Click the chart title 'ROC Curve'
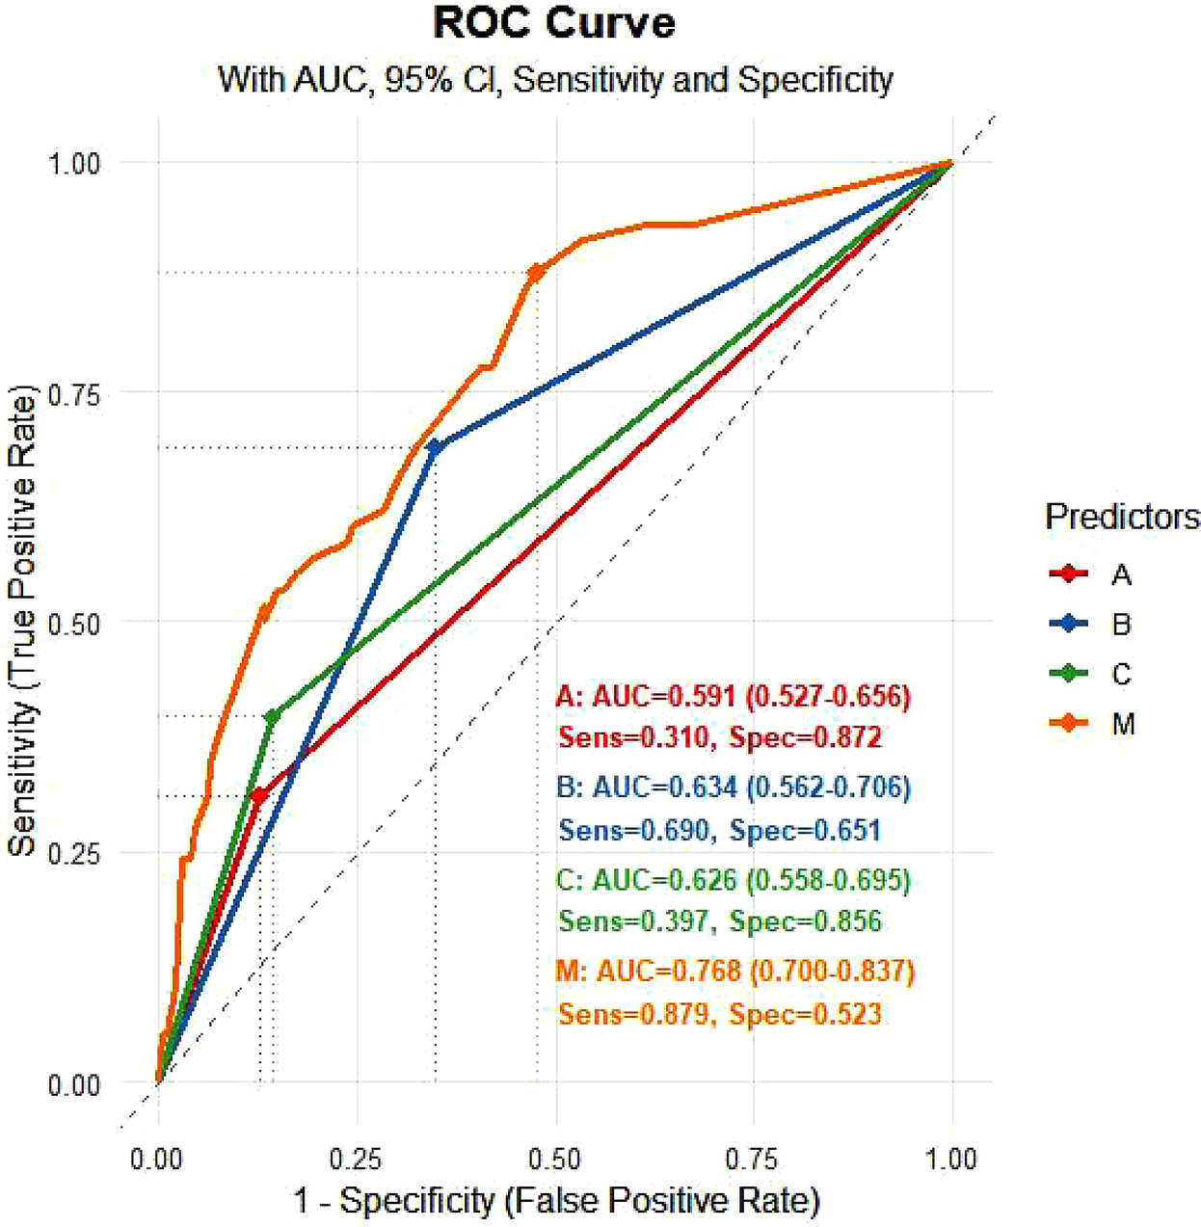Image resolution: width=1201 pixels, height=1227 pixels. point(554,24)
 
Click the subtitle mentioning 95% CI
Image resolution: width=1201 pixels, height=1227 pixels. point(555,79)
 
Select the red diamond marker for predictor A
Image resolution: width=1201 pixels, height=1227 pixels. point(259,796)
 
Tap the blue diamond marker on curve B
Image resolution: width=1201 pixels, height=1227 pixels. point(434,448)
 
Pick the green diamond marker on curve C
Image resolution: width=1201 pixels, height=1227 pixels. point(272,717)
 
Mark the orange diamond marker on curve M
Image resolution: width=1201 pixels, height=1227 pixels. point(537,273)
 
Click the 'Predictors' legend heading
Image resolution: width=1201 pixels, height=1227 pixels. point(1122,518)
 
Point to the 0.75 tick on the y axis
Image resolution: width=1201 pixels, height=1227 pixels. point(74,393)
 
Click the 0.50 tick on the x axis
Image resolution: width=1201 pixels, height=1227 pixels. point(555,1158)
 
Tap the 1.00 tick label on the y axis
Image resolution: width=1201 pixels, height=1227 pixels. point(74,163)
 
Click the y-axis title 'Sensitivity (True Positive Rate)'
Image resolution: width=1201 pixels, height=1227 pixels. point(23,622)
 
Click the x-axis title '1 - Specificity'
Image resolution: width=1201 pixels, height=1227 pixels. point(556,1201)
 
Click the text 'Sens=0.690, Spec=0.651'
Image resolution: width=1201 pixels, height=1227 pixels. point(719,830)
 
